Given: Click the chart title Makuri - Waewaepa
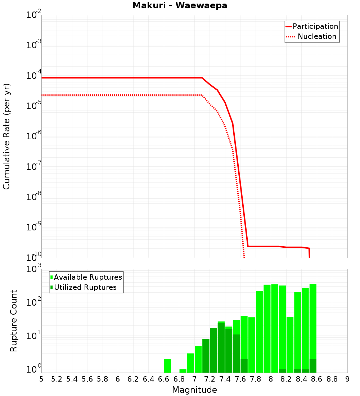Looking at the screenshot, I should click(x=180, y=6).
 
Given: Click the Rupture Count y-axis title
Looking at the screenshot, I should click(x=14, y=321).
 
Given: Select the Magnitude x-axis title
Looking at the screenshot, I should click(x=194, y=390).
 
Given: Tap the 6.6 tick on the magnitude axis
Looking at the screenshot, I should click(x=164, y=379).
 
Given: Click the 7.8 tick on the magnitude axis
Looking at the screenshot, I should click(x=256, y=379).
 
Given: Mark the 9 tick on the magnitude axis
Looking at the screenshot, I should click(x=347, y=379).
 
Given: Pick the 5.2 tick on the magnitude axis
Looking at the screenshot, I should click(x=57, y=379).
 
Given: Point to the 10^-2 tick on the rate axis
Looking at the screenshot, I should click(x=34, y=15).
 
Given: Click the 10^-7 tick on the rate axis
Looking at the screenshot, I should click(x=34, y=167).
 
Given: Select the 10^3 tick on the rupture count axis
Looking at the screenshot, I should click(x=34, y=269).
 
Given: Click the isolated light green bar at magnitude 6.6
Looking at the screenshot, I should click(x=167, y=366).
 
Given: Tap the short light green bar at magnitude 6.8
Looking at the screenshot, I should click(x=183, y=371).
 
